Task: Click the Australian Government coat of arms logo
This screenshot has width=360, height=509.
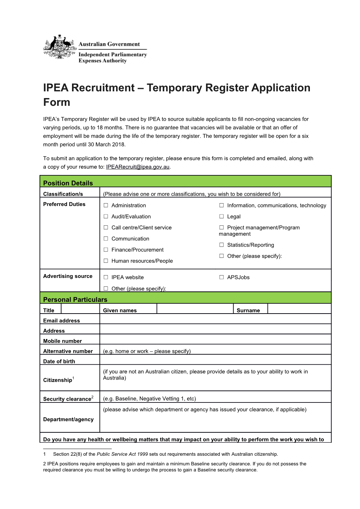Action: pyautogui.click(x=60, y=47)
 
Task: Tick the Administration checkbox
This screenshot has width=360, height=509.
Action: pyautogui.click(x=106, y=205)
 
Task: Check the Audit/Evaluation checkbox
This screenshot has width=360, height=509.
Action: pyautogui.click(x=106, y=217)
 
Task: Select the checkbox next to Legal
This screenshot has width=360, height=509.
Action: pyautogui.click(x=222, y=217)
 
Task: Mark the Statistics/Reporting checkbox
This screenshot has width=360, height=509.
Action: pyautogui.click(x=222, y=245)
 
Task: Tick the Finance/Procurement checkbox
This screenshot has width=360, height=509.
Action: pyautogui.click(x=106, y=250)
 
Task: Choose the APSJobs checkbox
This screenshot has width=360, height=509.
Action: pyautogui.click(x=222, y=277)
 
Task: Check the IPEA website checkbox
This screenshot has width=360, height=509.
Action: pyautogui.click(x=106, y=277)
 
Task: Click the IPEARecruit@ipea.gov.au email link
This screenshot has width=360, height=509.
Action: pyautogui.click(x=138, y=167)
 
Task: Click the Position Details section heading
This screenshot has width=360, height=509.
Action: pyautogui.click(x=68, y=183)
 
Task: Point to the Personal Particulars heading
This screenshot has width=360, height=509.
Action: pyautogui.click(x=75, y=299)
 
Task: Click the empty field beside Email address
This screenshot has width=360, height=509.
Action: pyautogui.click(x=215, y=319)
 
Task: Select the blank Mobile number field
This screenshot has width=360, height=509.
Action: pyautogui.click(x=215, y=340)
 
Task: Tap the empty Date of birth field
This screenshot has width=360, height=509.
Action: pyautogui.click(x=215, y=360)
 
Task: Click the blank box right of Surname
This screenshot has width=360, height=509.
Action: pyautogui.click(x=299, y=309)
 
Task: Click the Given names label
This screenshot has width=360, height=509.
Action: pyautogui.click(x=120, y=310)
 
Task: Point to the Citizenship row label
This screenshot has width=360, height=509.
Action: pyautogui.click(x=58, y=380)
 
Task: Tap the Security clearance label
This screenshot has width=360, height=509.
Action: pyautogui.click(x=67, y=399)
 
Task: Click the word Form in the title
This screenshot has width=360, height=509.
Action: pyautogui.click(x=56, y=102)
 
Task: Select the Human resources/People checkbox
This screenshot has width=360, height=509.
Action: pyautogui.click(x=106, y=261)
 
